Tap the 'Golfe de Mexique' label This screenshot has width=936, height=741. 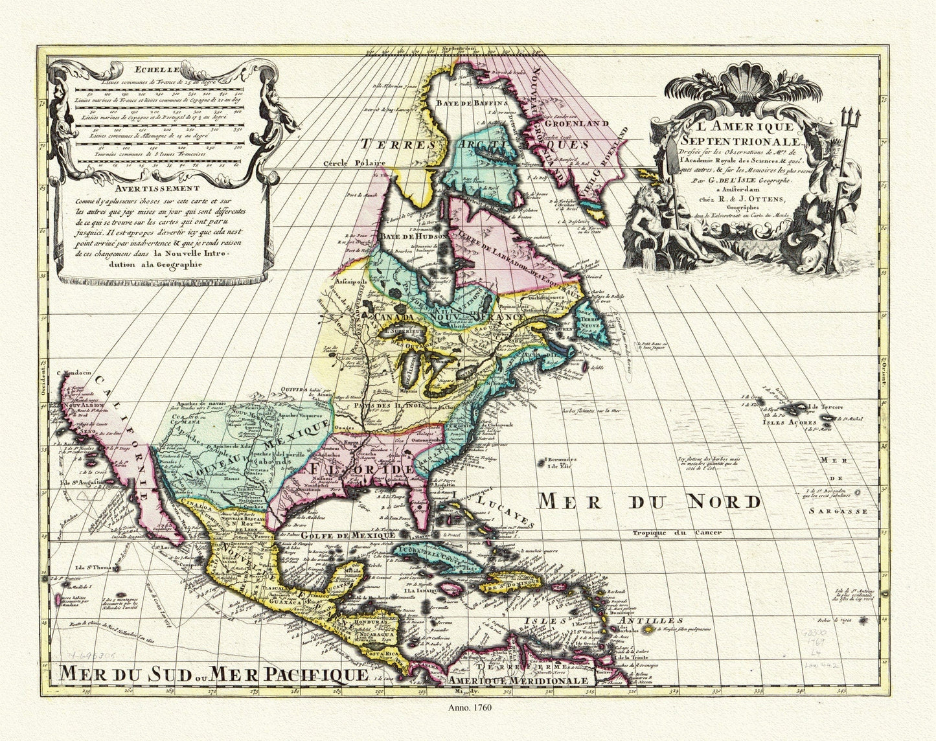click(x=348, y=535)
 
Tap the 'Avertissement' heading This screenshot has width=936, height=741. click(x=154, y=188)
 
